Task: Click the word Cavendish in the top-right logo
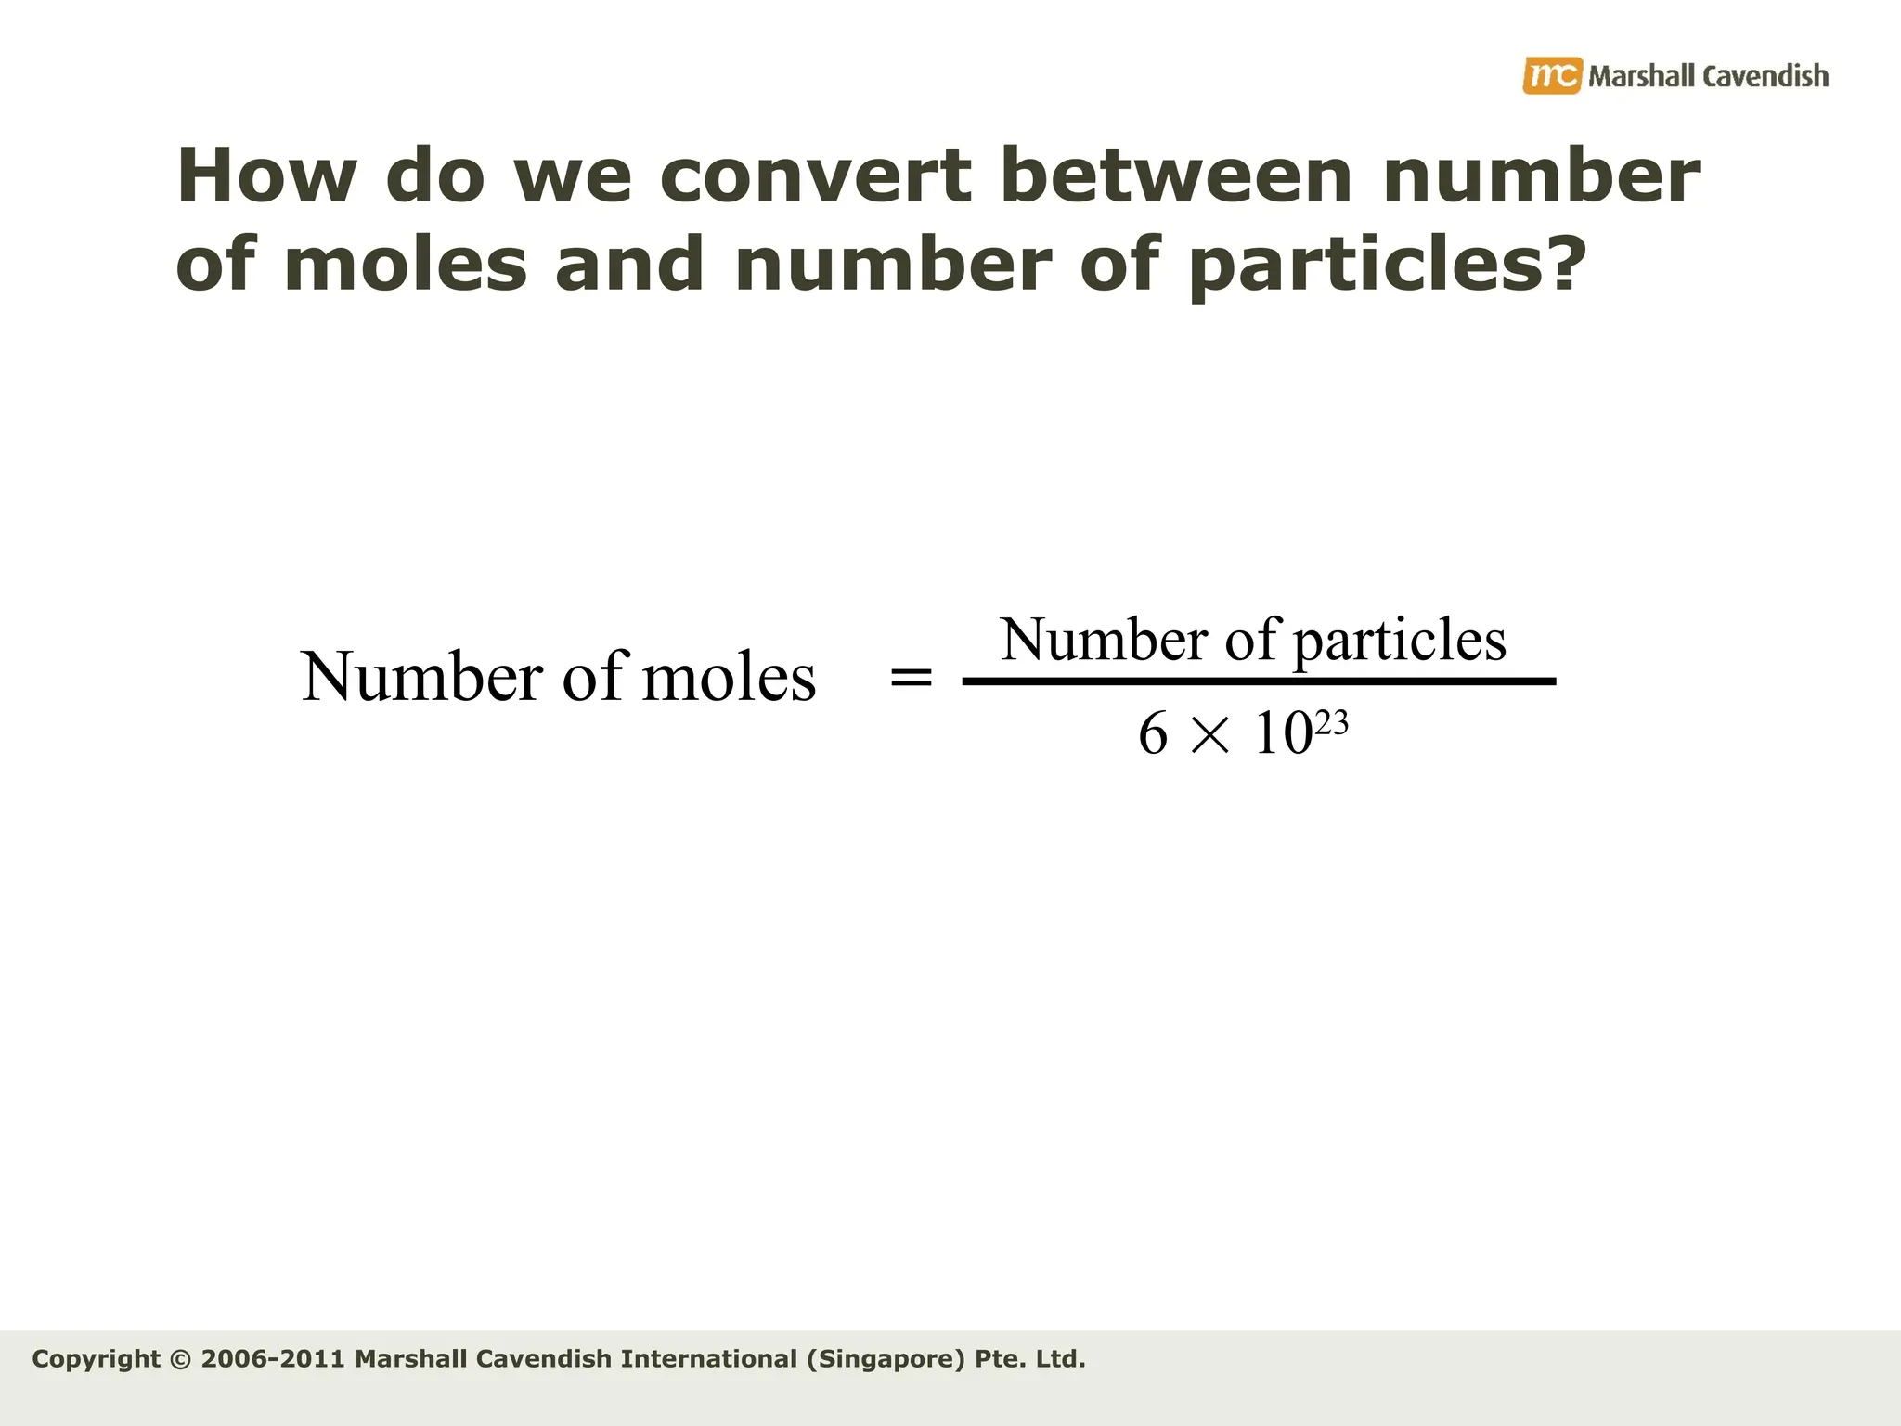pyautogui.click(x=1765, y=76)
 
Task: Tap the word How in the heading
pyautogui.click(x=265, y=176)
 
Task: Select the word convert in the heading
pyautogui.click(x=815, y=176)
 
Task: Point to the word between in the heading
pyautogui.click(x=1176, y=176)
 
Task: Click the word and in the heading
pyautogui.click(x=629, y=265)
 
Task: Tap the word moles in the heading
pyautogui.click(x=405, y=265)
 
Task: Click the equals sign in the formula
pyautogui.click(x=911, y=678)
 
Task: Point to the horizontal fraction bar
pyautogui.click(x=1259, y=682)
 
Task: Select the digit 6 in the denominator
pyautogui.click(x=1152, y=734)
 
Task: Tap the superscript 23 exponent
pyautogui.click(x=1331, y=723)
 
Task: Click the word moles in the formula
pyautogui.click(x=729, y=678)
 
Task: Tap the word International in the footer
pyautogui.click(x=708, y=1359)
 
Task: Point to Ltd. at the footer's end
pyautogui.click(x=1060, y=1359)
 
